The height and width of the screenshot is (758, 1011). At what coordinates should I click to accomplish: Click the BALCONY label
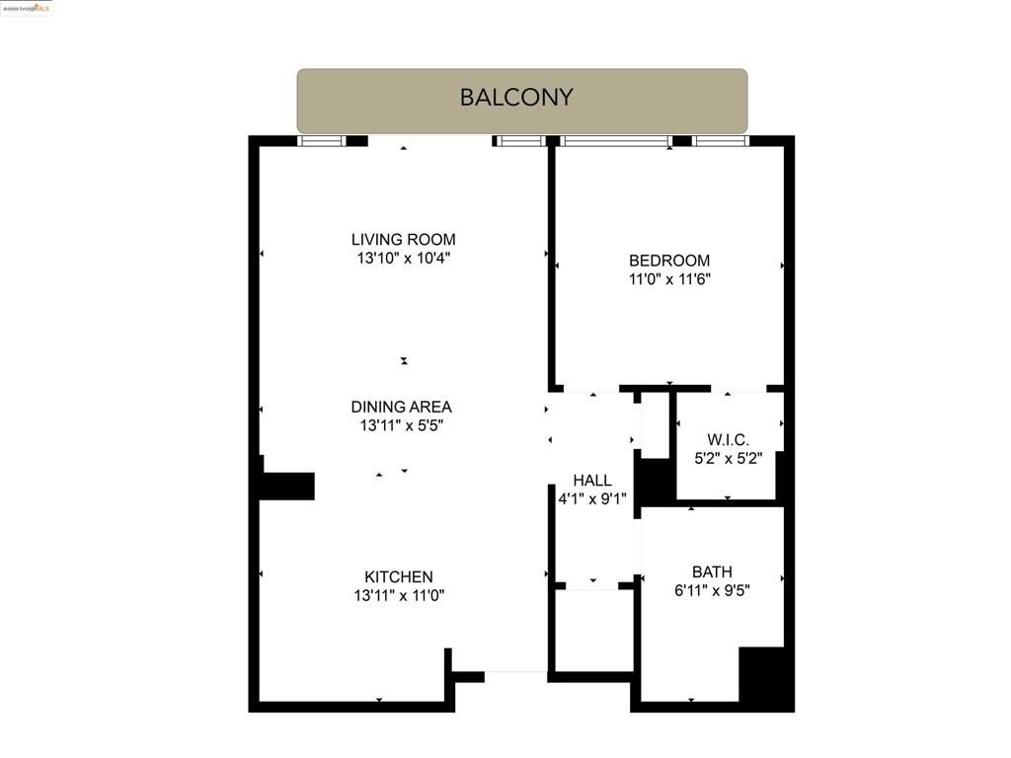click(515, 97)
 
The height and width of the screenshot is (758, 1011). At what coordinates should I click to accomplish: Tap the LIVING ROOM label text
click(403, 239)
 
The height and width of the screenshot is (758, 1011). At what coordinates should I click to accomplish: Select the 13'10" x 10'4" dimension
click(403, 259)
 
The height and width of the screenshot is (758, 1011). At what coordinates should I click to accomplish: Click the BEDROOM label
click(669, 261)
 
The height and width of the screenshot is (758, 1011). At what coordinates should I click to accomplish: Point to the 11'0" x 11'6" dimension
click(669, 279)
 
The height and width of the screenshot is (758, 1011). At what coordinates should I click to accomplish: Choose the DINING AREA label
click(401, 407)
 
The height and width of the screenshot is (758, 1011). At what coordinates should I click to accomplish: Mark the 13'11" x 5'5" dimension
click(401, 426)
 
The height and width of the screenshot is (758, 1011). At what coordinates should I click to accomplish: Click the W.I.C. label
click(728, 439)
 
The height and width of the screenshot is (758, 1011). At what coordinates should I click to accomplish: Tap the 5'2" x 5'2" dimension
click(728, 458)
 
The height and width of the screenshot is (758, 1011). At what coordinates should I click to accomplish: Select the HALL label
click(592, 481)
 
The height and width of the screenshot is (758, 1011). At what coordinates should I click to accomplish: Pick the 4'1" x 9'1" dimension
click(592, 499)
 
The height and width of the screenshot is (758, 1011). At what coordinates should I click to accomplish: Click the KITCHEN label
click(399, 576)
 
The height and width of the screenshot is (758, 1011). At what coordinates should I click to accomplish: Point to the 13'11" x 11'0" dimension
click(399, 596)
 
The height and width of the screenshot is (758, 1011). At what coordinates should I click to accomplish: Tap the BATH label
click(712, 571)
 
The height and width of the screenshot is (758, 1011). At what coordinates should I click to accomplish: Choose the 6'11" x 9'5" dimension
click(712, 590)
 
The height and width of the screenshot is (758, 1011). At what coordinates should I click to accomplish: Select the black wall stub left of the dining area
click(287, 486)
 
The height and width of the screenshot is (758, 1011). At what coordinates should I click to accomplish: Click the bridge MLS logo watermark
click(27, 8)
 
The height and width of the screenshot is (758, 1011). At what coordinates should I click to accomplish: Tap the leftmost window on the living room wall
click(322, 141)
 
